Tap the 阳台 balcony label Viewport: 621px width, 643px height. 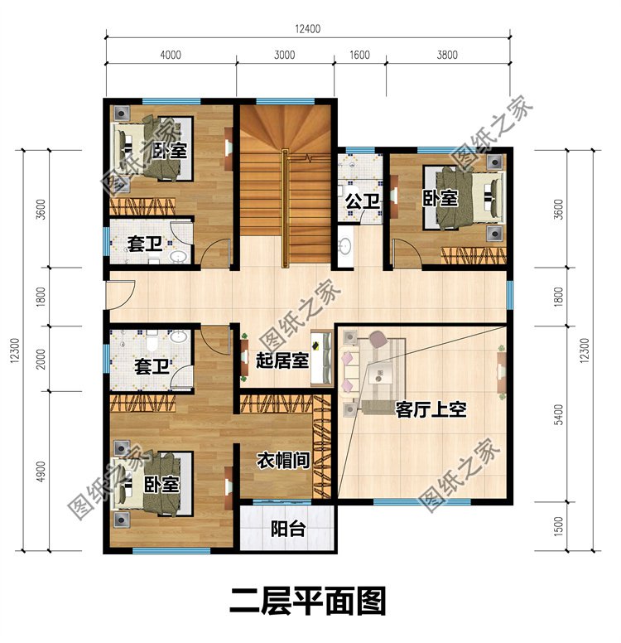[x=287, y=529]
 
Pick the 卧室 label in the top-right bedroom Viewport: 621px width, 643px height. [x=440, y=198]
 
